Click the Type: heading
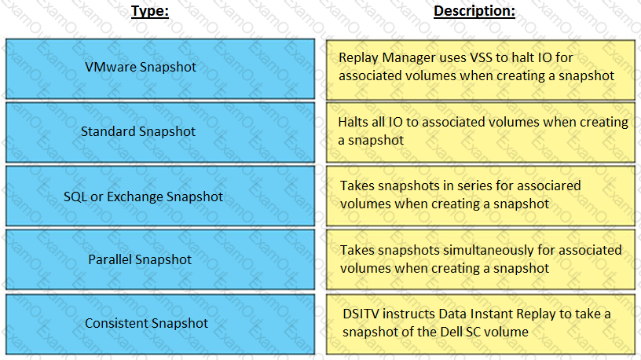tap(149, 11)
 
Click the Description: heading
tap(474, 11)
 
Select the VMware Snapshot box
tap(160, 68)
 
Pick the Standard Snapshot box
tap(160, 132)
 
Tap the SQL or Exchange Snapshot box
tap(160, 196)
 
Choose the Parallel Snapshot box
tap(160, 259)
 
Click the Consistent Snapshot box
tap(160, 324)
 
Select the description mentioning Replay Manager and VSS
tap(481, 69)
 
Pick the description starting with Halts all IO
tap(481, 133)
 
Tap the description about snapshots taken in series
tap(481, 196)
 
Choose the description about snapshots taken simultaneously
tap(481, 259)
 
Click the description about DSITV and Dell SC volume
tap(481, 324)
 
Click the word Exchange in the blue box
tap(135, 197)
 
